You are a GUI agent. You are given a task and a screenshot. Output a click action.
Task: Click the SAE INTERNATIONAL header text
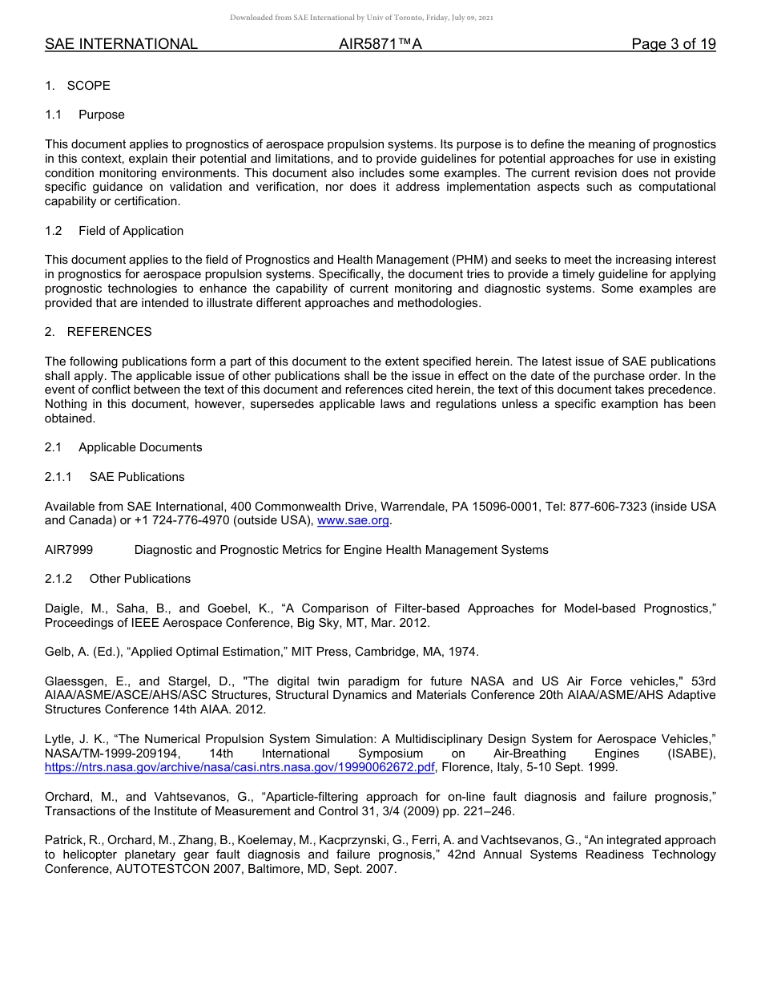121,44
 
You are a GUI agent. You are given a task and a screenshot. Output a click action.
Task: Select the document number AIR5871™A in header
380,44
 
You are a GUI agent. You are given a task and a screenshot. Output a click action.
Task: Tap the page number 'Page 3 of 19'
673,44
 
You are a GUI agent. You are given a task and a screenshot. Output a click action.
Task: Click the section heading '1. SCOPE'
78,86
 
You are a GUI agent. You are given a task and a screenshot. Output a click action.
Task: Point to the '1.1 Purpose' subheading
85,115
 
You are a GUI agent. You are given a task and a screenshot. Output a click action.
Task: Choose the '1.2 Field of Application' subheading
114,231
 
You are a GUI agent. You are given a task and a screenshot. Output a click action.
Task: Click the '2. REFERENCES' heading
98,332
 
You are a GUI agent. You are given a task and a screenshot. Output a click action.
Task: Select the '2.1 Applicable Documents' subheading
123,447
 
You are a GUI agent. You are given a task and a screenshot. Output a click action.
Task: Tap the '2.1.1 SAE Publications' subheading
115,477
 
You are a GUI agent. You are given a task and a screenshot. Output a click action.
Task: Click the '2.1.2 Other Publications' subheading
118,579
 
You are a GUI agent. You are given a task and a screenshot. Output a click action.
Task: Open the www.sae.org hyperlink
353,521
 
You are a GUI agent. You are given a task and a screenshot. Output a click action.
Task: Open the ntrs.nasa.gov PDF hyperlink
240,768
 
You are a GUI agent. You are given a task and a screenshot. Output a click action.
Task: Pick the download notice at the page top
361,18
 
